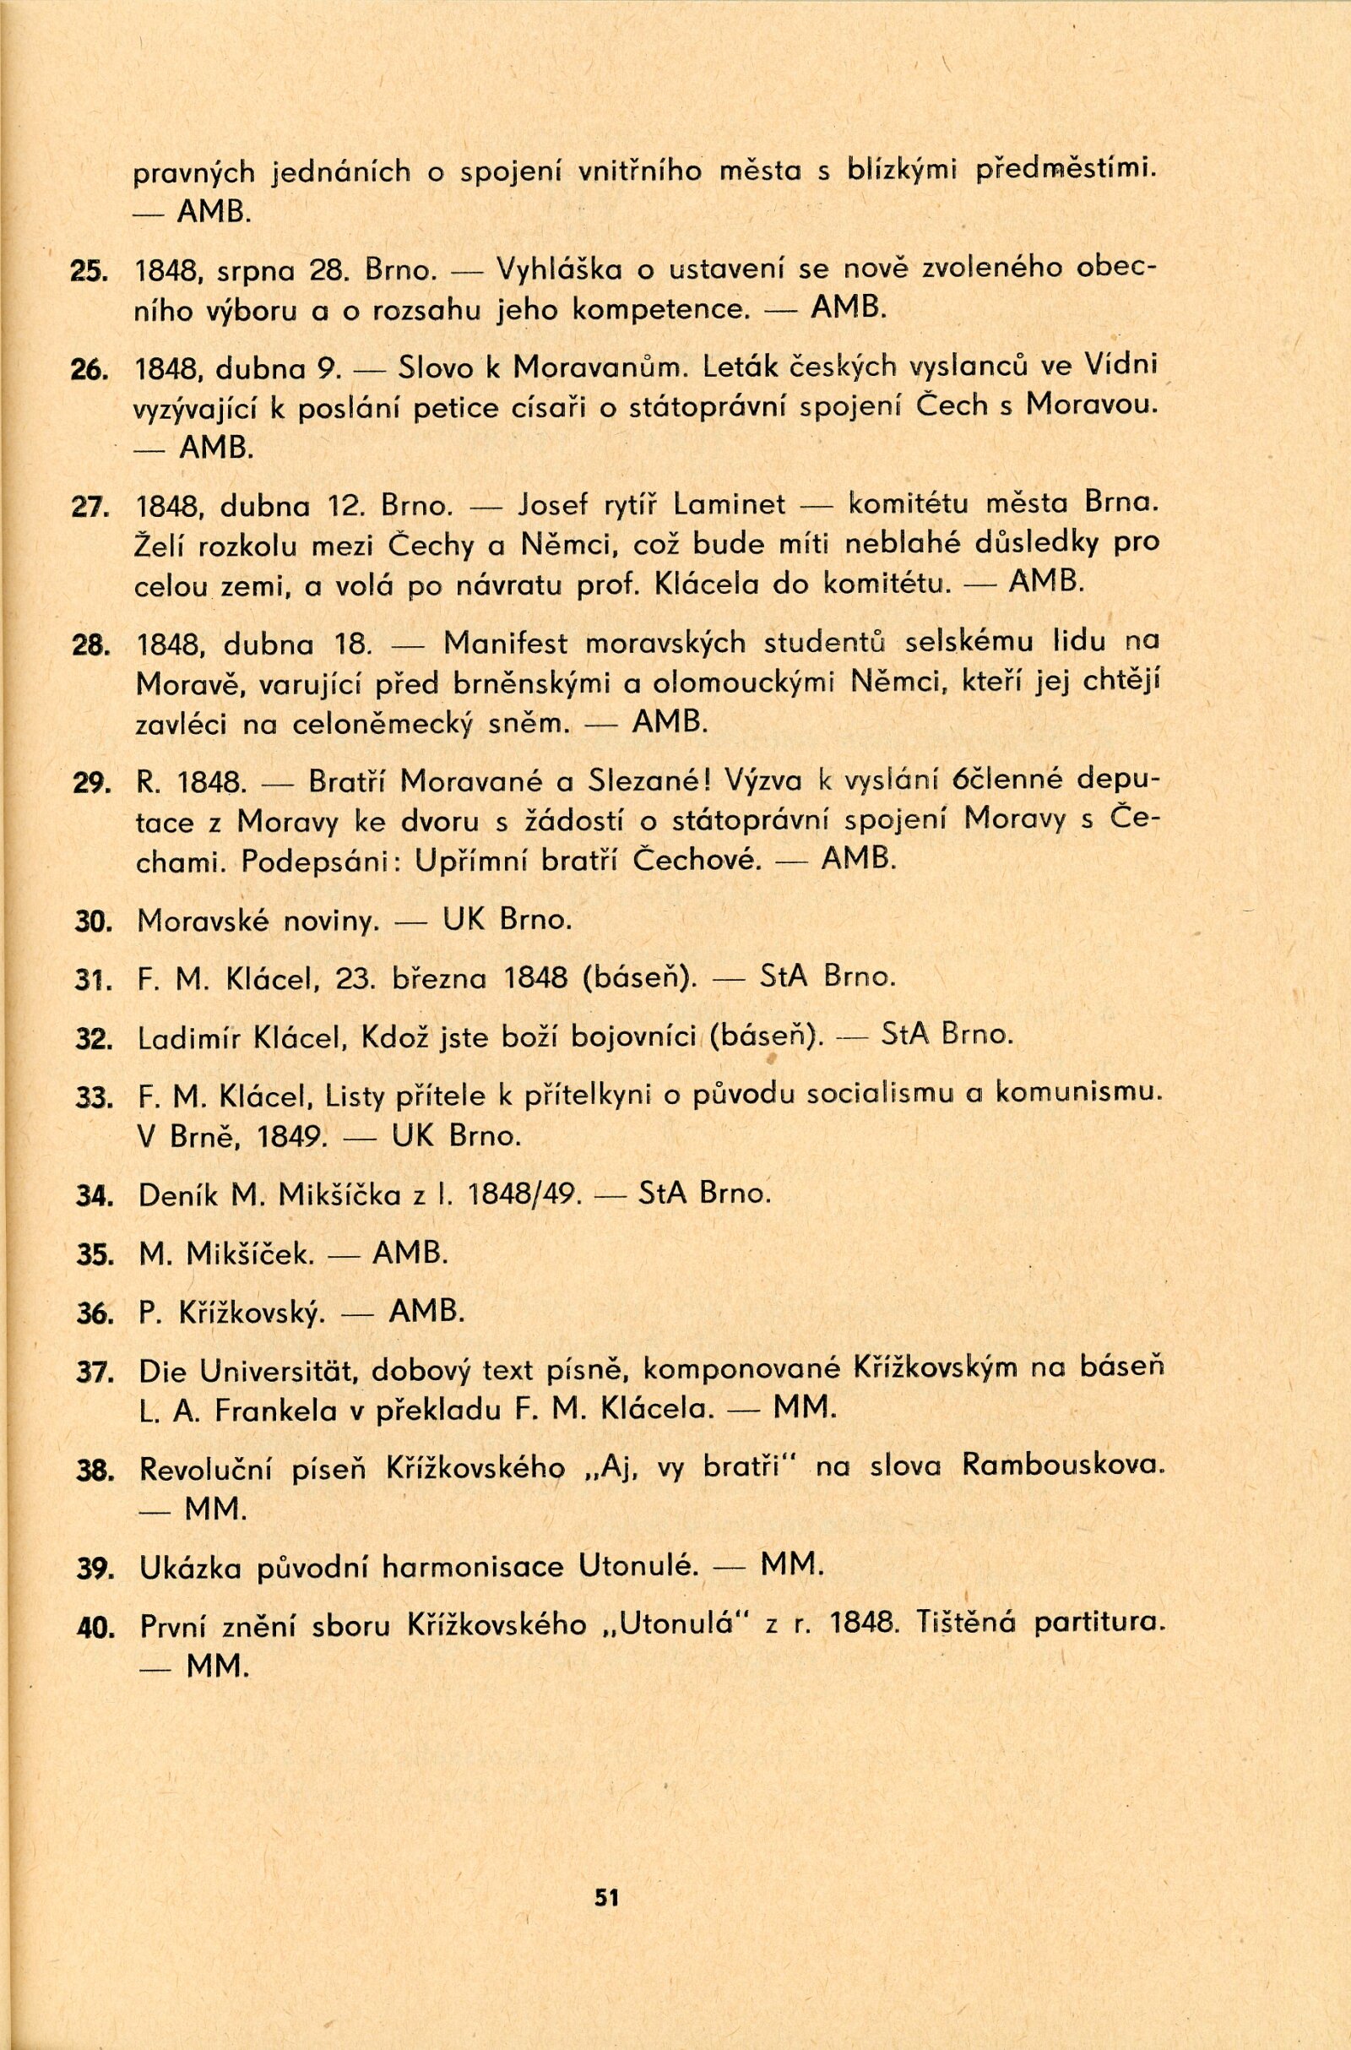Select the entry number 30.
click(x=90, y=922)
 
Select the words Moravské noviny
click(x=258, y=922)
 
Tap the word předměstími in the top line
click(x=1066, y=171)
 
